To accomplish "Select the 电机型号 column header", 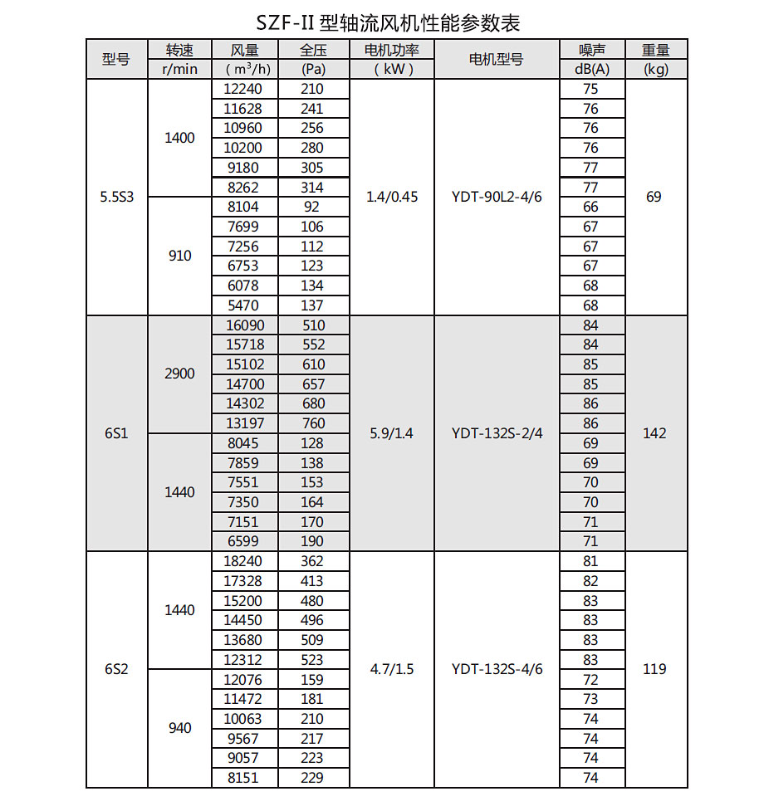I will [x=496, y=59].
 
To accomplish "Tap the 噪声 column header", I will [x=591, y=49].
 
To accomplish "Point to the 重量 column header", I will [x=655, y=49].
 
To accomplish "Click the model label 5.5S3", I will [x=116, y=198].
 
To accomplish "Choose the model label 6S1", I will [x=116, y=433].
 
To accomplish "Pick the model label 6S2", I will [x=116, y=669].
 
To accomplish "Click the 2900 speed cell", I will [x=179, y=374].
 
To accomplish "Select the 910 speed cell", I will [x=179, y=256].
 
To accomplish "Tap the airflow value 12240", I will [x=244, y=89].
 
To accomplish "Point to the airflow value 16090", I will [x=244, y=325].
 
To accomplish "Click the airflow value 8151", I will [x=244, y=778].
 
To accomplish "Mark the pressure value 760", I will [x=313, y=423].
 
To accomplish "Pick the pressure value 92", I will [x=313, y=208].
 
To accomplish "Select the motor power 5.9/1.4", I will [x=392, y=433].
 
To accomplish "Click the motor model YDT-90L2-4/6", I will [x=497, y=198].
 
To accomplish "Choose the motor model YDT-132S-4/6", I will [x=497, y=669].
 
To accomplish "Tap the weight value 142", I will [x=655, y=433].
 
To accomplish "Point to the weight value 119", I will [x=655, y=669].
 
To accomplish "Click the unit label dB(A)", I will [x=591, y=69].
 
